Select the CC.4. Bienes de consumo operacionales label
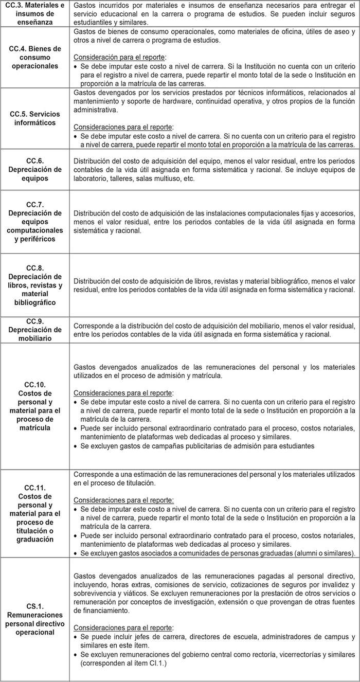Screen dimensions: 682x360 (x=35, y=57)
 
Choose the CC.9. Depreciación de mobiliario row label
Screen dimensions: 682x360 (x=35, y=330)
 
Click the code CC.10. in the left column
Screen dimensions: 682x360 (x=35, y=384)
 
